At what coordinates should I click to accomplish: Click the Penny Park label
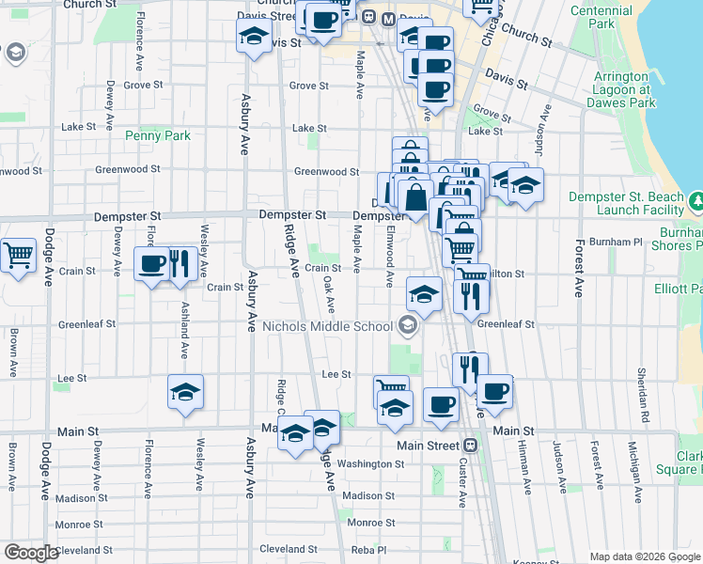158,135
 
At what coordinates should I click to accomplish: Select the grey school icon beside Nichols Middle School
407,327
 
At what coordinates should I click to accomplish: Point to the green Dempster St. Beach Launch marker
697,201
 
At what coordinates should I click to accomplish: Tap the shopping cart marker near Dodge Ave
18,257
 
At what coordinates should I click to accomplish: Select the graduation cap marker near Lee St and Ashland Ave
185,392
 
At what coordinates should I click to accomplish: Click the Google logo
31,553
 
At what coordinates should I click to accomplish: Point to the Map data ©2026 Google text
645,556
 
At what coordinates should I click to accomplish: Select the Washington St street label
369,463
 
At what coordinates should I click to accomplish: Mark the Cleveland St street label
281,549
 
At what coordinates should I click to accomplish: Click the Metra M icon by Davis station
369,17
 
